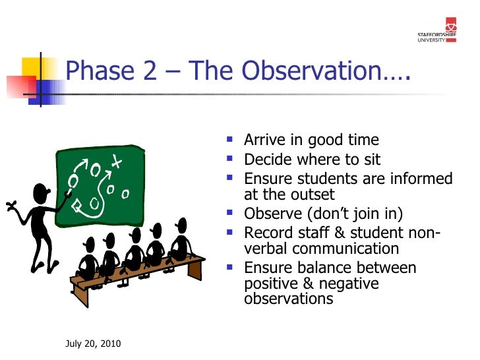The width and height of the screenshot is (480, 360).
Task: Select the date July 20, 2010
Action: coord(93,345)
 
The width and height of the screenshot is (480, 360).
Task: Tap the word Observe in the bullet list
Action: coord(270,214)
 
